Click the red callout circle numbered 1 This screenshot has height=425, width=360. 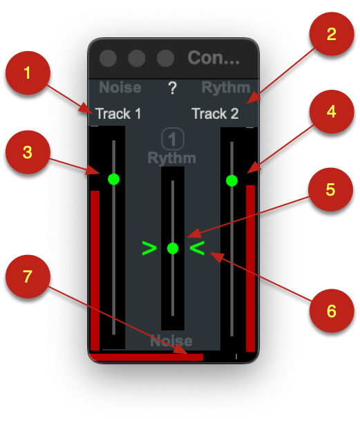[28, 73]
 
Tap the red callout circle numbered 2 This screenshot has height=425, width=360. [332, 34]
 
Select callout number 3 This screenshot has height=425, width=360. [28, 152]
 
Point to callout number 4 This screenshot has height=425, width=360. [332, 111]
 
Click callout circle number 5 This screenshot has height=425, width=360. [330, 189]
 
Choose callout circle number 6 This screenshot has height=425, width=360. [332, 310]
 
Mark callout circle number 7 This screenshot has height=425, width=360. [28, 276]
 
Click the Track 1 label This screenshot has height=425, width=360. [118, 113]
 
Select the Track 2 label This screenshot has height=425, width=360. [215, 113]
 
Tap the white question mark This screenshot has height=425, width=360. [173, 88]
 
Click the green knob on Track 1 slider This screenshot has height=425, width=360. [113, 179]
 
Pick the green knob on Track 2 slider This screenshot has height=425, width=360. [231, 180]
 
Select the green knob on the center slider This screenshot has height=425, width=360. [173, 248]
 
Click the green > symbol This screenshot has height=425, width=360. [149, 248]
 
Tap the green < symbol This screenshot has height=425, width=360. [197, 248]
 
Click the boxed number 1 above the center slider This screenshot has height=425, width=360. [173, 139]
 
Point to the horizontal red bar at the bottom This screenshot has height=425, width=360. [146, 357]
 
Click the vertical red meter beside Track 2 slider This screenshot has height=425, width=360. [251, 268]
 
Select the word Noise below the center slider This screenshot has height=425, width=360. [171, 341]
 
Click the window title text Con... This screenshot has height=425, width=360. [214, 57]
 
